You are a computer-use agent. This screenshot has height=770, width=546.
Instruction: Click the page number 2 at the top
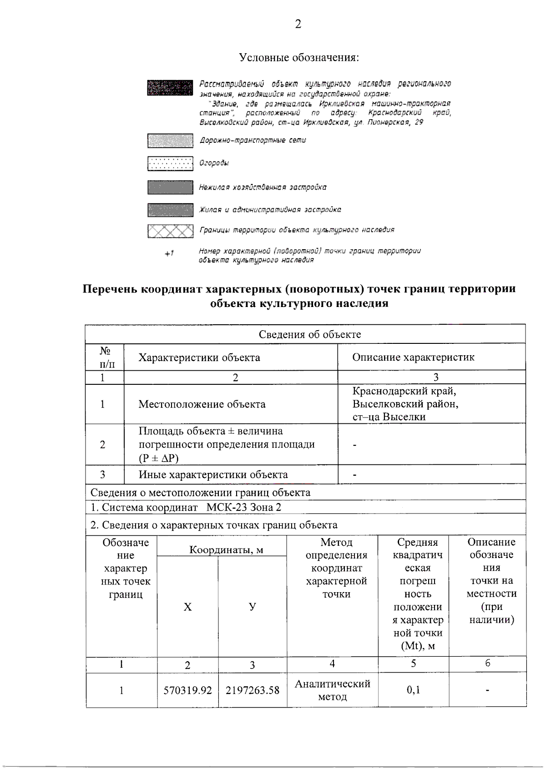[x=298, y=24]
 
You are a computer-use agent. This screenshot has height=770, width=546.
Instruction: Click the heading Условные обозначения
[x=299, y=58]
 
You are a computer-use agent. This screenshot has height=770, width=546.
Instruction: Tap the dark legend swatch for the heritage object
[x=170, y=88]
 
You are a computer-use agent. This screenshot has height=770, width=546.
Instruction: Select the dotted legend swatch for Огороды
[x=170, y=163]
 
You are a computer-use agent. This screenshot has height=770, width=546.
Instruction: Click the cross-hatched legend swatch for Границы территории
[x=170, y=231]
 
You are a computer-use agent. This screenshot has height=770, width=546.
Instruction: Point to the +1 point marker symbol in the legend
[x=169, y=253]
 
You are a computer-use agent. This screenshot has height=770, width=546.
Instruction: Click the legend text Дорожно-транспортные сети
[x=253, y=141]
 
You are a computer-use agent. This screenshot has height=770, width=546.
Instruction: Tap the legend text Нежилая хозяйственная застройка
[x=263, y=187]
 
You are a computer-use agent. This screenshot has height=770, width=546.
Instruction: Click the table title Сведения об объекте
[x=309, y=334]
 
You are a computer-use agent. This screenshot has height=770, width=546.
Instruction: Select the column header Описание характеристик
[x=413, y=357]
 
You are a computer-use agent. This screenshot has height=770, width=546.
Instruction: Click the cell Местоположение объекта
[x=202, y=404]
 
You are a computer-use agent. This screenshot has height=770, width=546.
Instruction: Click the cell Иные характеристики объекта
[x=213, y=474]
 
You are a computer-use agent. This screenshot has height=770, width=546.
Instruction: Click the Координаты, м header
[x=226, y=550]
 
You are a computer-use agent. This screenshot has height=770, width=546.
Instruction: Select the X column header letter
[x=187, y=607]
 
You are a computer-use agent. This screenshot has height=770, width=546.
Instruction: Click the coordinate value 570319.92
[x=187, y=690]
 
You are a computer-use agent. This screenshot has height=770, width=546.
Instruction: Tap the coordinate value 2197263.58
[x=252, y=690]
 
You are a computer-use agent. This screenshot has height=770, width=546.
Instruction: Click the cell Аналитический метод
[x=332, y=690]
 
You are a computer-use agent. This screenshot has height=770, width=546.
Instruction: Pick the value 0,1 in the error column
[x=413, y=690]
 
